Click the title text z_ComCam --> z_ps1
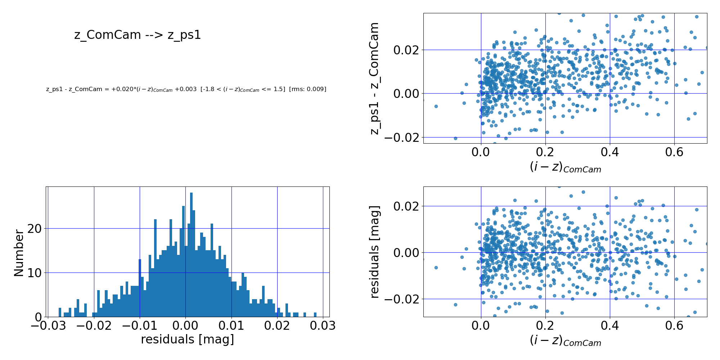(x=138, y=35)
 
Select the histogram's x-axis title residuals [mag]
(x=187, y=339)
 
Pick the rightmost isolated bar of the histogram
(x=315, y=315)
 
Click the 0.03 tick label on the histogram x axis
(x=323, y=326)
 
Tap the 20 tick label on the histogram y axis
(x=36, y=229)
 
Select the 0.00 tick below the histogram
(x=185, y=326)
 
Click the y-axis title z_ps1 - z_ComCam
(x=375, y=78)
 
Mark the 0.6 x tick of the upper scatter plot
(x=674, y=152)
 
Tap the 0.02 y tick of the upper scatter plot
(x=406, y=50)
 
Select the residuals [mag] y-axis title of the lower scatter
(x=375, y=252)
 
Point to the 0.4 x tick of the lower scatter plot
(x=609, y=325)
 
